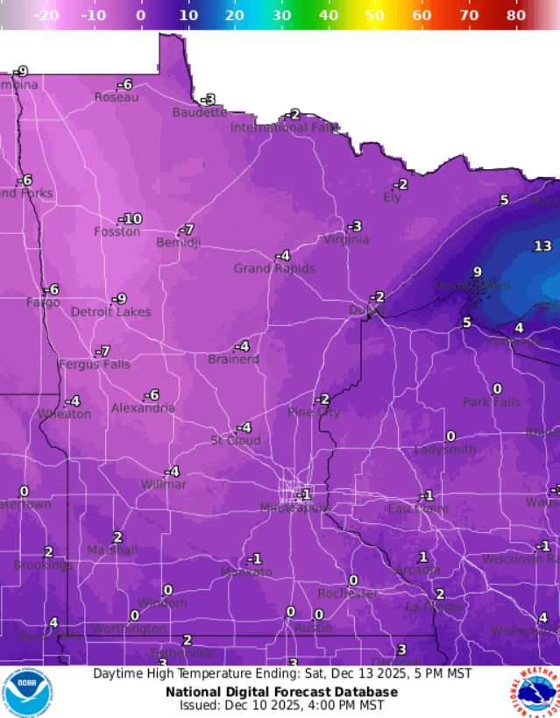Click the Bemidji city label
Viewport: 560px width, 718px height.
(178, 243)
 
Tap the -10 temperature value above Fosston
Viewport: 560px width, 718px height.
(130, 218)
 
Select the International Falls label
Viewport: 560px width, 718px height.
(284, 128)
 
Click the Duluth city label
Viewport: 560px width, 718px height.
(367, 309)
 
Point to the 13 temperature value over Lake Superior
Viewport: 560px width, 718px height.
(542, 246)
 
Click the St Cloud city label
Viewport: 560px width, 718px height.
(235, 440)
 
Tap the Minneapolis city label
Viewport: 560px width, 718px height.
(295, 508)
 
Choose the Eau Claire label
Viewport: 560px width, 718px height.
(418, 508)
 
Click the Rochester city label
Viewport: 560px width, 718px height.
(347, 594)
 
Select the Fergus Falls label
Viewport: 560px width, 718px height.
(94, 365)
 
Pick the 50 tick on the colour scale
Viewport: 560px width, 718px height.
(375, 15)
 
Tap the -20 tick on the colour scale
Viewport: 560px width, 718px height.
(46, 15)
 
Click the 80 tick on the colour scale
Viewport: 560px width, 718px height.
(516, 15)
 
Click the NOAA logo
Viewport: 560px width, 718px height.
(27, 693)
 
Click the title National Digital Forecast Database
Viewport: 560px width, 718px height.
(281, 691)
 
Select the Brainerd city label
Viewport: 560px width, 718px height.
(233, 359)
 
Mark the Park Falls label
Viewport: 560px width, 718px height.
(492, 402)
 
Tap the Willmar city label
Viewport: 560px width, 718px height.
(163, 485)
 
